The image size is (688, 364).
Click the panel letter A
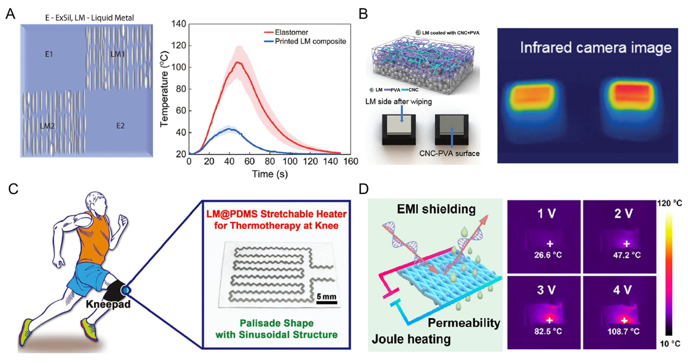tap(10, 14)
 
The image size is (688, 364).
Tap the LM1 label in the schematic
tap(117, 54)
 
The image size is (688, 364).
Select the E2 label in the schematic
tap(120, 126)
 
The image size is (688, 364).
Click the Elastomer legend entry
tap(291, 32)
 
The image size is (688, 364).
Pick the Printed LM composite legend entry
tap(310, 41)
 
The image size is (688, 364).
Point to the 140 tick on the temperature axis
tap(179, 24)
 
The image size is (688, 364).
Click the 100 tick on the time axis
tap(290, 162)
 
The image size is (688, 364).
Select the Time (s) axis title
tap(270, 174)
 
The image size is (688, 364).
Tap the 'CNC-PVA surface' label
tap(449, 153)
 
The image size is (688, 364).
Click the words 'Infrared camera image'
tap(596, 48)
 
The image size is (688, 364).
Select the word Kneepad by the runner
tap(108, 304)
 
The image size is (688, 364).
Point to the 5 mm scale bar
tap(327, 302)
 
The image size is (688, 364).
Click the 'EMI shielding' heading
tap(436, 209)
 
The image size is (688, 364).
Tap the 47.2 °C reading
tap(627, 255)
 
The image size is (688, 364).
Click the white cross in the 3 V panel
tap(549, 320)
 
